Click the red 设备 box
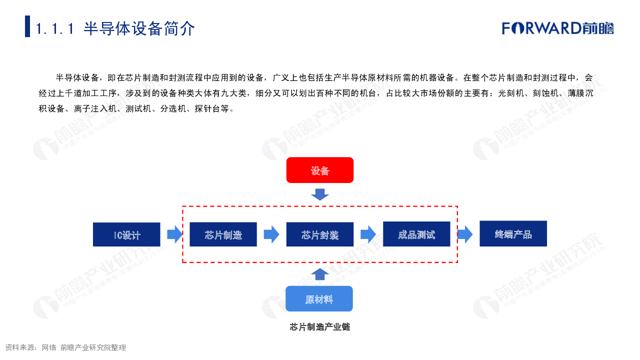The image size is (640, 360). (320, 170)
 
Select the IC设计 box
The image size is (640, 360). (126, 234)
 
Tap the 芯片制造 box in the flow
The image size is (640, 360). (223, 234)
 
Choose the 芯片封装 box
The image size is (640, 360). (320, 234)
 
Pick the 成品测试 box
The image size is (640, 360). (416, 234)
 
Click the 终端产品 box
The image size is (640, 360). (513, 233)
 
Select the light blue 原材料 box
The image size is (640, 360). (319, 299)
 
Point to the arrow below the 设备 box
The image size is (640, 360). (320, 194)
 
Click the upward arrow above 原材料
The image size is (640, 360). (320, 274)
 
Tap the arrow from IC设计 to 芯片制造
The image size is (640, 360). (174, 234)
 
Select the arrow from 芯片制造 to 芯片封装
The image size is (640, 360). (271, 234)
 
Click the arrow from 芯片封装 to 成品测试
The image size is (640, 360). (368, 234)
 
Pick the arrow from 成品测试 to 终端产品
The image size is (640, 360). (464, 234)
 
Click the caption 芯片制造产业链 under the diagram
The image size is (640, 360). (320, 327)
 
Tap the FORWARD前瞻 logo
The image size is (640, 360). (558, 28)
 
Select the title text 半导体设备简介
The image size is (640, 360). (139, 28)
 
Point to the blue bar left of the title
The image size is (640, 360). (27, 26)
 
